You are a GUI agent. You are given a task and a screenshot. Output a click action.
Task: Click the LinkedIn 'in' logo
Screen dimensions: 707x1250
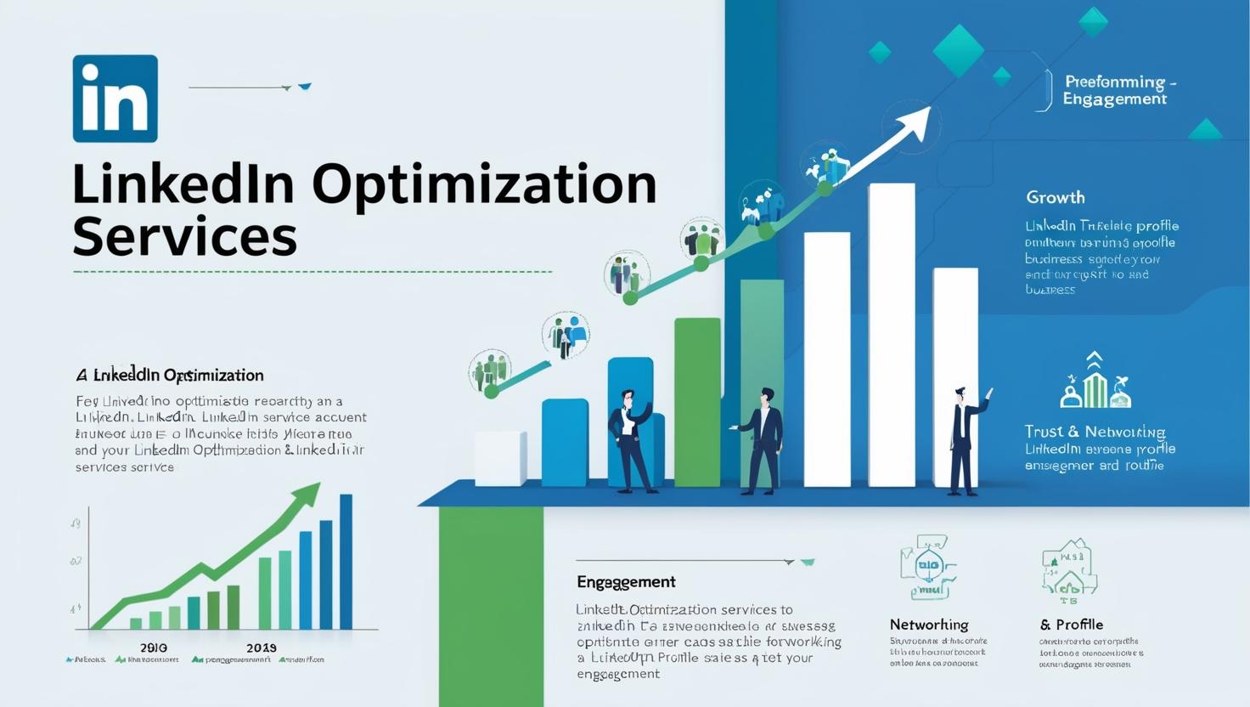[115, 99]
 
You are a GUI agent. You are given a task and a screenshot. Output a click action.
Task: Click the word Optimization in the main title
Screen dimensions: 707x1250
[484, 184]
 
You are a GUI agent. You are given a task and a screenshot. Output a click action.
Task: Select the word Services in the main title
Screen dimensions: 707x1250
[184, 236]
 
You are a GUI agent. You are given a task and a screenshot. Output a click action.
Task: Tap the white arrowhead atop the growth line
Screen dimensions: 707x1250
[913, 122]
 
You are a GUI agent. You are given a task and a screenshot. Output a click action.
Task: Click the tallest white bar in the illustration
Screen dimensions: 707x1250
[892, 335]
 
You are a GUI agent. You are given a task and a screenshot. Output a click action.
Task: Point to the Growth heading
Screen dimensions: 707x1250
[1055, 197]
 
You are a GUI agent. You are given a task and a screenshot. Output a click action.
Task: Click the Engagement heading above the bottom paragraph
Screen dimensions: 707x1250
[626, 582]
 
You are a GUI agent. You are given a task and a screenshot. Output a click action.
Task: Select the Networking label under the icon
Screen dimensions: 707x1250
[929, 625]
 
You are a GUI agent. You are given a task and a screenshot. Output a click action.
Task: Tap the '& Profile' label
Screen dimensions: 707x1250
[1071, 625]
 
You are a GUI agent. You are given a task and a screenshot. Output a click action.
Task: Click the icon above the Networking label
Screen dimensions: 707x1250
[926, 567]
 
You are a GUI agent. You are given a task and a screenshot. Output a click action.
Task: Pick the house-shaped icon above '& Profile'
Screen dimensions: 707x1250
[1069, 569]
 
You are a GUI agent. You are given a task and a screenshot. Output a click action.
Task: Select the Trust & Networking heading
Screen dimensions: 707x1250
[1095, 432]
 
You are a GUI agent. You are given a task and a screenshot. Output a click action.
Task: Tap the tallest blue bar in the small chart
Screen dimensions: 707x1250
[346, 561]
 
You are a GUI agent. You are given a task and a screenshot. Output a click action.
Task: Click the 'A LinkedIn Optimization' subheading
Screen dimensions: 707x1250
[170, 375]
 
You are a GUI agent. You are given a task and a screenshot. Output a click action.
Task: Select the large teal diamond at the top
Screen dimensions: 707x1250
[958, 49]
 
